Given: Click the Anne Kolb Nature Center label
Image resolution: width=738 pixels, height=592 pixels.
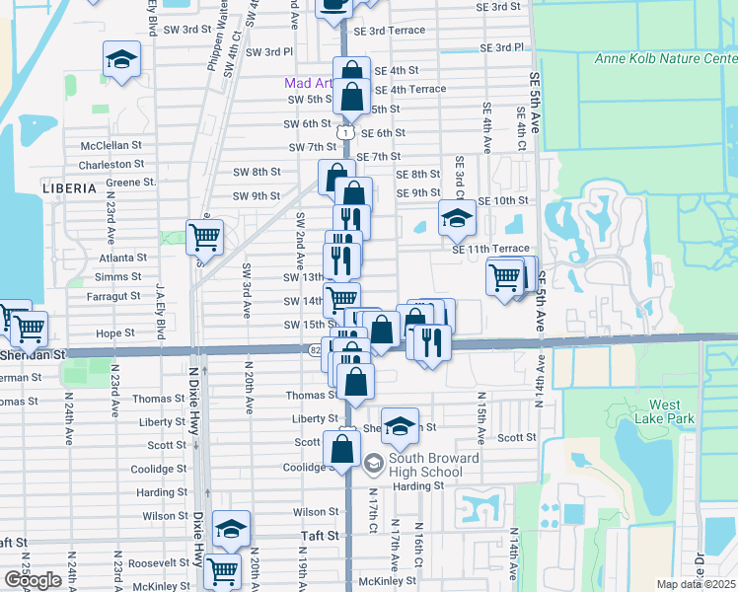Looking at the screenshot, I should (x=666, y=58).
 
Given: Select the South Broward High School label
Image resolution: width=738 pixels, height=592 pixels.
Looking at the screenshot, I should (x=433, y=464).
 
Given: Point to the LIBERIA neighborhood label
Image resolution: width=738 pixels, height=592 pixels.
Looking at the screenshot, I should (x=69, y=186).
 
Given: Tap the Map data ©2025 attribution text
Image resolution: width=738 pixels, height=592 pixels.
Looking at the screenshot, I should (x=697, y=584).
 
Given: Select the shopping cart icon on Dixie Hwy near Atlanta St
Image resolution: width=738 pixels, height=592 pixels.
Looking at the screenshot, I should (x=204, y=236).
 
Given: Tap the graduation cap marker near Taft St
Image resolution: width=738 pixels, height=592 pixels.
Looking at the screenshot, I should (x=231, y=528).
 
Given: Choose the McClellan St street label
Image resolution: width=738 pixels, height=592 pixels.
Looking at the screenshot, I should (x=112, y=145).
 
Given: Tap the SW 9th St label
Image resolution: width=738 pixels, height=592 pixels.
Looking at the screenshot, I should (x=257, y=195).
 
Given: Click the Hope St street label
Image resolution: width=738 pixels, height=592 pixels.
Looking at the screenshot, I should (x=115, y=333).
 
